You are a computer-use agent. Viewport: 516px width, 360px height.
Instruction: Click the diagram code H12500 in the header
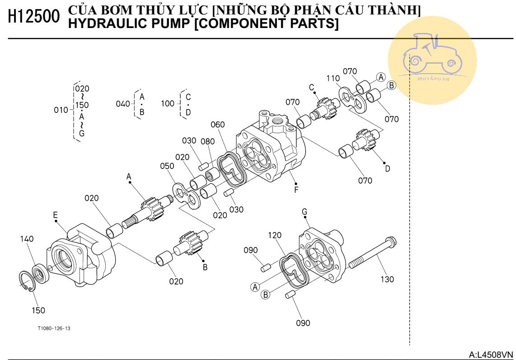click(x=34, y=17)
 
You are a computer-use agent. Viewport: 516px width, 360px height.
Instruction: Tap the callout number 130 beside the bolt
click(x=387, y=279)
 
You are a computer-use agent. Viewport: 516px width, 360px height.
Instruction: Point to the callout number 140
click(x=27, y=239)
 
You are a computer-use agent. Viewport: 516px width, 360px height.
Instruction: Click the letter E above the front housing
click(x=55, y=215)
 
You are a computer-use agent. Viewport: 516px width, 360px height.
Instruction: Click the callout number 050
click(x=167, y=166)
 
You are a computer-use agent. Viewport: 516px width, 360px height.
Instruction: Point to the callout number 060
click(x=217, y=125)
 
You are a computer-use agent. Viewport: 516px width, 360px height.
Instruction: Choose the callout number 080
click(x=208, y=141)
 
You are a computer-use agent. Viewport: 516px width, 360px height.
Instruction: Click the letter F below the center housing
click(x=296, y=190)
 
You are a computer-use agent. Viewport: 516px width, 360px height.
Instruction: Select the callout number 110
click(x=333, y=78)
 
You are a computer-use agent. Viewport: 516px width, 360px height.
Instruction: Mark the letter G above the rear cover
click(x=305, y=211)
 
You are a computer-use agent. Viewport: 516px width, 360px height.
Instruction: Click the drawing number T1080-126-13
click(x=54, y=328)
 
